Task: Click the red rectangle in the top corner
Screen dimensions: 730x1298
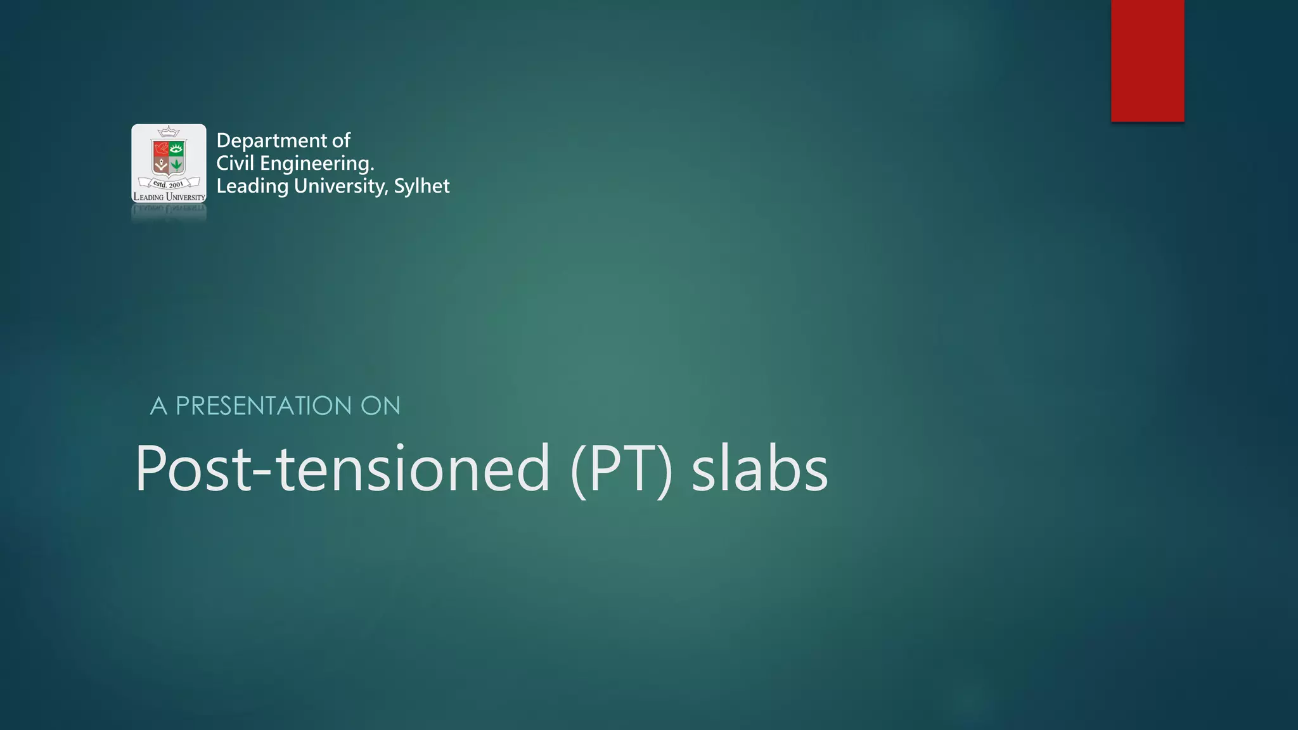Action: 1147,60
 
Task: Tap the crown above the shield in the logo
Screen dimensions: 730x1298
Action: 169,132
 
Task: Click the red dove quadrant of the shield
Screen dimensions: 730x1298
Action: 161,149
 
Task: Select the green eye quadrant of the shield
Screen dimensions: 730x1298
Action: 177,149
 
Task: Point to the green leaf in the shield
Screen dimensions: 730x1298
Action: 177,164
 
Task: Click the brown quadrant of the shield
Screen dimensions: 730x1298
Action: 161,165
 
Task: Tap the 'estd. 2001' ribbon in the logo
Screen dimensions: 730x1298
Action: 169,184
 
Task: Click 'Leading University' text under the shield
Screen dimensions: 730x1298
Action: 169,197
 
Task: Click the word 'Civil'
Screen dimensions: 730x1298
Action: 235,163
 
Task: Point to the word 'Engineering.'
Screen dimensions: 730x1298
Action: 317,163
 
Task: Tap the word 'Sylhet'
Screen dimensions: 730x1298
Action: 421,186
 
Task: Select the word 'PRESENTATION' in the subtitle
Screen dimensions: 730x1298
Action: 264,406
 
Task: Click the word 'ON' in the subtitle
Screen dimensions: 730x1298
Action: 380,406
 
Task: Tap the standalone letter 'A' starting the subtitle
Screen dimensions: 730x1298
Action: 158,406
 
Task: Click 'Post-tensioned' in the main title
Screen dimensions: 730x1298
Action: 342,469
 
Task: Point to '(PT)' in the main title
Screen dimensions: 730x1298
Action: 621,469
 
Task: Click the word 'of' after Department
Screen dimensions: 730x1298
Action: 341,141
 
